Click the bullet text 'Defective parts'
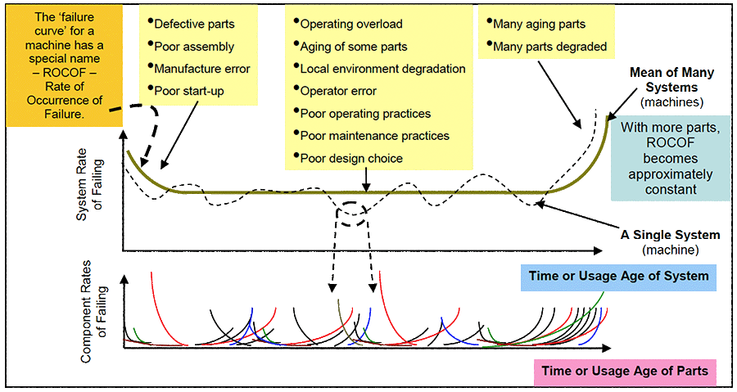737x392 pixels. pyautogui.click(x=193, y=25)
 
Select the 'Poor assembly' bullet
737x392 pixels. pyautogui.click(x=193, y=47)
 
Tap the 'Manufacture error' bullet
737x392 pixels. pyautogui.click(x=201, y=69)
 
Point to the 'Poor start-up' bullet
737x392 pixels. pyautogui.click(x=188, y=91)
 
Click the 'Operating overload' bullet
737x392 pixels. pyautogui.click(x=351, y=25)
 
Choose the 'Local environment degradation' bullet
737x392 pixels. pyautogui.click(x=382, y=69)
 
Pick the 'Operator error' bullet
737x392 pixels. pyautogui.click(x=338, y=91)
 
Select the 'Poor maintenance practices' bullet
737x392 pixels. pyautogui.click(x=374, y=136)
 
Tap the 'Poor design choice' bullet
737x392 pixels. pyautogui.click(x=351, y=158)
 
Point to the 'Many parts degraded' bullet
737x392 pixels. pyautogui.click(x=549, y=47)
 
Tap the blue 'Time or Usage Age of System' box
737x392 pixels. pyautogui.click(x=617, y=276)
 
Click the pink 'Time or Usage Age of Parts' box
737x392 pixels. pyautogui.click(x=624, y=370)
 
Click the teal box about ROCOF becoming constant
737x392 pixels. pyautogui.click(x=670, y=158)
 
